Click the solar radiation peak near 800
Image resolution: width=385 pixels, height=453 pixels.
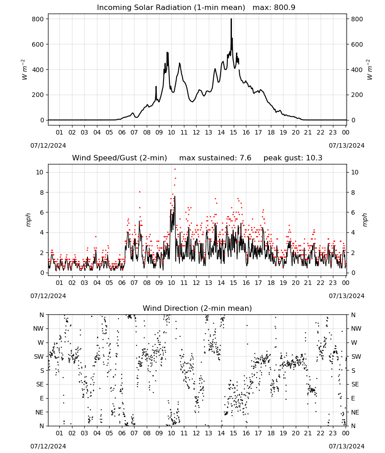tap(231, 19)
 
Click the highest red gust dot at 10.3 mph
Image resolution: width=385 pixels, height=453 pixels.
tap(175, 169)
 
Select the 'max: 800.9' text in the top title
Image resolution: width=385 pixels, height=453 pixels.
tap(274, 8)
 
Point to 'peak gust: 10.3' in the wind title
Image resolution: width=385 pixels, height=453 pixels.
tap(293, 158)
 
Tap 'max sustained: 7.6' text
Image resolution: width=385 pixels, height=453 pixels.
tap(215, 158)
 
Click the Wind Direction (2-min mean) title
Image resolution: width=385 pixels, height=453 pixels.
tap(197, 308)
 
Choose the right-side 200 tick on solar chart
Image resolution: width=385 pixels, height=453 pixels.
tap(357, 95)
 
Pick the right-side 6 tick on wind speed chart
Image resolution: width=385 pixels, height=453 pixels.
tap(353, 212)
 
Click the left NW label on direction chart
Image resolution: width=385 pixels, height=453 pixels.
tap(38, 329)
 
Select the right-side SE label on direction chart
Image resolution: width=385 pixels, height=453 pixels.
tap(355, 385)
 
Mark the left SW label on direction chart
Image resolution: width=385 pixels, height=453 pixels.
tap(38, 357)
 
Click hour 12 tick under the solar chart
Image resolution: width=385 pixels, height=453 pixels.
tap(196, 133)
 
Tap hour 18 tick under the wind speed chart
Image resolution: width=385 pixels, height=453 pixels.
tap(271, 283)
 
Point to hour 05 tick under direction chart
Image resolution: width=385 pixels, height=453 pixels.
tap(109, 434)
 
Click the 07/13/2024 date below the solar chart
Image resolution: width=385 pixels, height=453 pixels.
tap(346, 145)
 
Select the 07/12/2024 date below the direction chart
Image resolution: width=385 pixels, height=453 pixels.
tap(48, 447)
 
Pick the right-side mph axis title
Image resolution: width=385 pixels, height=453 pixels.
tap(365, 220)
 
